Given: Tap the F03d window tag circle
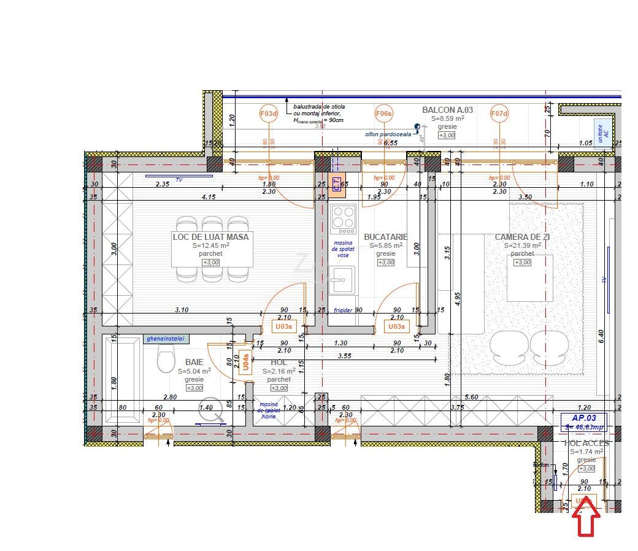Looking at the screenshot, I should click(269, 114).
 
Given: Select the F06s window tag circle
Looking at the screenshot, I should click(384, 114).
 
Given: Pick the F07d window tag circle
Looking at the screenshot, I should click(499, 114).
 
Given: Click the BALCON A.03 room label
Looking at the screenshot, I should click(447, 110).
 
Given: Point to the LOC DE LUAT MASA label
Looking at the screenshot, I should click(210, 237).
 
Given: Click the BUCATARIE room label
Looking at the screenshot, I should click(385, 237).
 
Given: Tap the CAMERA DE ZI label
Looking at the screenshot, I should click(523, 237).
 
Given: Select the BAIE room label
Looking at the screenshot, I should click(194, 363).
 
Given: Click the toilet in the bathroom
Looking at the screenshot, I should click(166, 358).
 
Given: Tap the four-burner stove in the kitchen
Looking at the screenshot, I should click(343, 219).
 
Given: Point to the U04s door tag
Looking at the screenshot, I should click(245, 362).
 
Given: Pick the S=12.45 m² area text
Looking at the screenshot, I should click(210, 245).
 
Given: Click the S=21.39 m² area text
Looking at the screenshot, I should click(523, 245).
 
